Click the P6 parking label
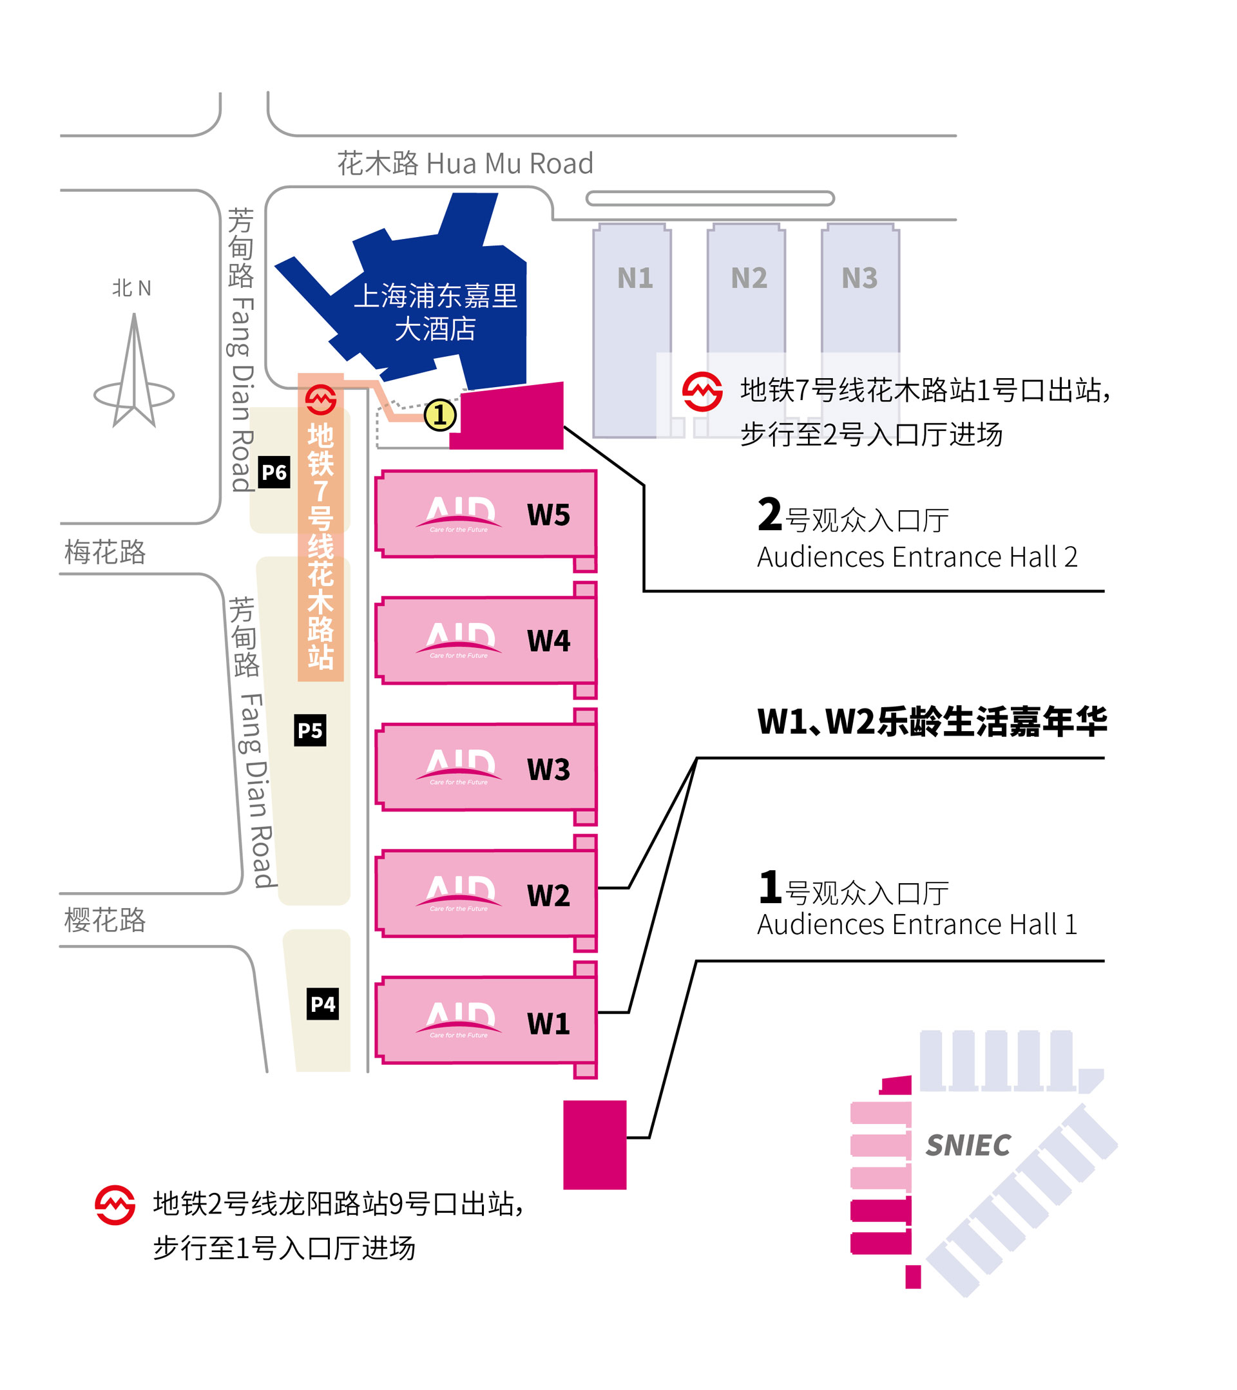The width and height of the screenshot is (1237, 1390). pos(274,472)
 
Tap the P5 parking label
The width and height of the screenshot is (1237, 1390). pos(310,730)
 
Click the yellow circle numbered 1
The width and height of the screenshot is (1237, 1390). pos(440,415)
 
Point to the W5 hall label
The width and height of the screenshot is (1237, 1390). pos(548,515)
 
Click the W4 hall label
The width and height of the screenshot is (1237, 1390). pos(548,641)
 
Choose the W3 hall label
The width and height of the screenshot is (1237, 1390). pos(548,769)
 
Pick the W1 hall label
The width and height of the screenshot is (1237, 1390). pos(548,1023)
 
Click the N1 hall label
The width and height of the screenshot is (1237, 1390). pos(635,278)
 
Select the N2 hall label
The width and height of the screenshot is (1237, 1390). pos(749,278)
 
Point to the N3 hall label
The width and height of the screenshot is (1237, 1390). pos(859,278)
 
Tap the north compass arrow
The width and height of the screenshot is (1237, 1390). pos(134,370)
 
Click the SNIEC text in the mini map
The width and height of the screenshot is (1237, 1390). pos(968,1145)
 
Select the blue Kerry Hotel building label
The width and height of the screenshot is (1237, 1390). pos(436,312)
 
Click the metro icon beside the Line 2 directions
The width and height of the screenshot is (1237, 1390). pos(115,1205)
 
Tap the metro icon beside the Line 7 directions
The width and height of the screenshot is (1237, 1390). pos(702,392)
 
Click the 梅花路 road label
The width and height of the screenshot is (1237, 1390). pos(106,552)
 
